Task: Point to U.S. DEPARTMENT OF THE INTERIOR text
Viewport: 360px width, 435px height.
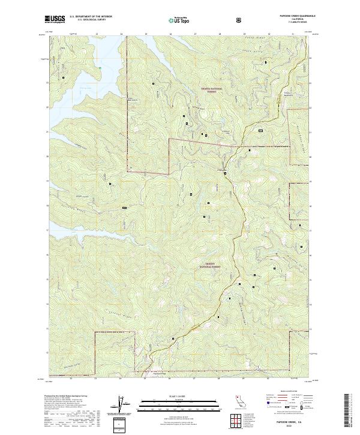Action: (x=91, y=17)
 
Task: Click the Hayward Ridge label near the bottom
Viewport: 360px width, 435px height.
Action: (x=157, y=372)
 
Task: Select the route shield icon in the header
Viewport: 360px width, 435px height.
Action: (x=241, y=19)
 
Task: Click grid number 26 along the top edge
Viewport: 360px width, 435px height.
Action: (x=170, y=34)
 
